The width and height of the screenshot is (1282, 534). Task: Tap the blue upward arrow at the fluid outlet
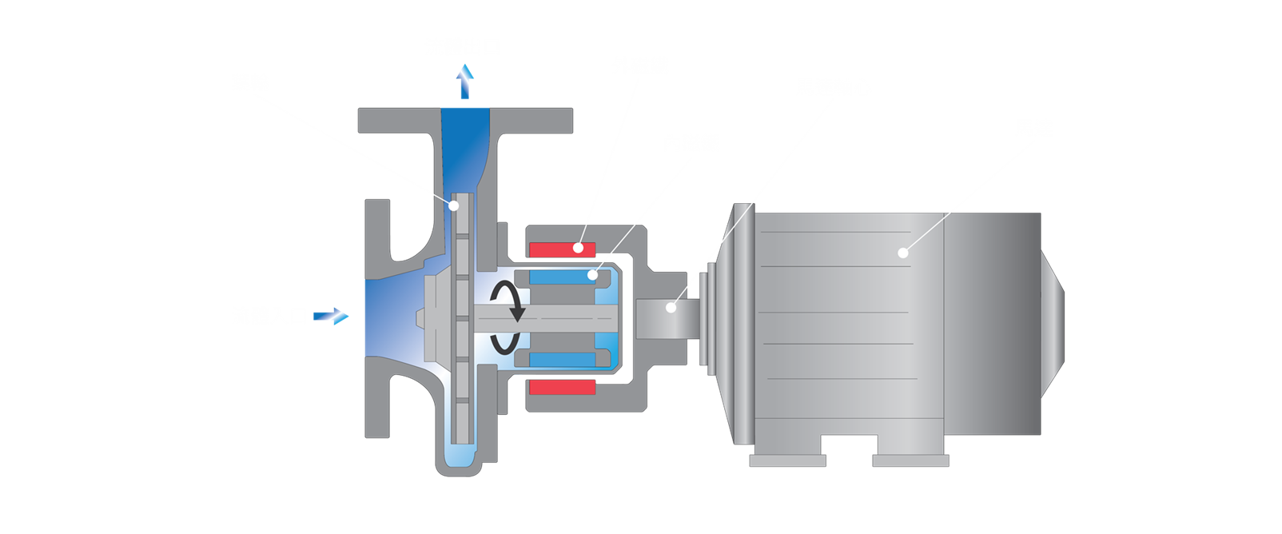point(465,82)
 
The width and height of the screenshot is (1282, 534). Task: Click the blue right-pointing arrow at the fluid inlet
point(331,317)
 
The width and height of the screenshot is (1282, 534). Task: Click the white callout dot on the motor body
point(902,253)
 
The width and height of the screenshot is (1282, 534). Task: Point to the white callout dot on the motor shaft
point(671,307)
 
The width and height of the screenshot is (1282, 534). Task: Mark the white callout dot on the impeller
point(453,205)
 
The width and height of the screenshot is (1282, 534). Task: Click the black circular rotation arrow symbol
point(507,317)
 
